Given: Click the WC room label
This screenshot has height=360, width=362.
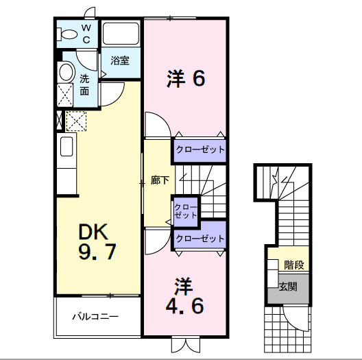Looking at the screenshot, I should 86,34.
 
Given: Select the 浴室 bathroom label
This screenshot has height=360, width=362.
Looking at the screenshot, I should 120,60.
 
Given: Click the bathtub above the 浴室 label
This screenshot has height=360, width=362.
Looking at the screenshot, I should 121,34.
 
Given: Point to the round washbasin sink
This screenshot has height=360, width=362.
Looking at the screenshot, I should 66,71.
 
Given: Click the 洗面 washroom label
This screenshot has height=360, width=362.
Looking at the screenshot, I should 84,84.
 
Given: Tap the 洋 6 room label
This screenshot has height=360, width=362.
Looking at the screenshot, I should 185,80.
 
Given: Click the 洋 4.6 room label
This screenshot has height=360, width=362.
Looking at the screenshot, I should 184,296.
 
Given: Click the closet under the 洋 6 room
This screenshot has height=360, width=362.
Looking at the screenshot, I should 199,149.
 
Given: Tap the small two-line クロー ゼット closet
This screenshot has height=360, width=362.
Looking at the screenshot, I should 184,211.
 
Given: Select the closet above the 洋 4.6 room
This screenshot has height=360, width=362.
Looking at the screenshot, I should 200,238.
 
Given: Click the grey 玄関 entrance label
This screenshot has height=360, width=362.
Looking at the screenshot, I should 288,286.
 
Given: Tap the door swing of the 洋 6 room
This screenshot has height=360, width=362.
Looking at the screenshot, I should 156,124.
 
